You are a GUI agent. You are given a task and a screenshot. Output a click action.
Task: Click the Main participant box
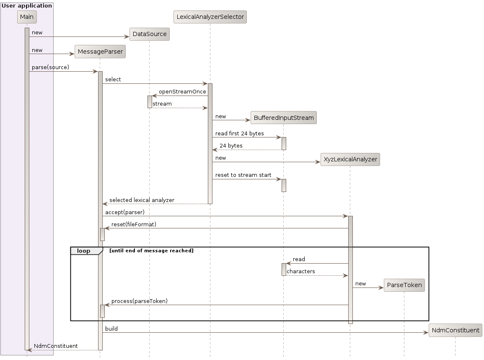click(27, 17)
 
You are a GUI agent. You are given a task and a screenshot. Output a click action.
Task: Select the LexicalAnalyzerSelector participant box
click(210, 17)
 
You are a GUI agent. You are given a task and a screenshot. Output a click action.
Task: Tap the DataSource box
click(150, 34)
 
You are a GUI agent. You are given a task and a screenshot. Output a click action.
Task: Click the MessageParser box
click(100, 52)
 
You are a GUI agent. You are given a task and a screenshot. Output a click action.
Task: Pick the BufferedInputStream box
click(283, 118)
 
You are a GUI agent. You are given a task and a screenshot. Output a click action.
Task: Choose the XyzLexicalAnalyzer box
click(350, 159)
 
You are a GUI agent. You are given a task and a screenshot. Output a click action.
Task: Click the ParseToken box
click(404, 285)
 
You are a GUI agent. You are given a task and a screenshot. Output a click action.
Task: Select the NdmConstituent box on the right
click(455, 330)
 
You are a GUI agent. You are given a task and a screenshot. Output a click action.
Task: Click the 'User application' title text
click(27, 5)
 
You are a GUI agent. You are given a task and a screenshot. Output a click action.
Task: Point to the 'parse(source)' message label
click(50, 67)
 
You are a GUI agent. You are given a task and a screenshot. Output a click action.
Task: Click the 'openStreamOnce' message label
click(182, 92)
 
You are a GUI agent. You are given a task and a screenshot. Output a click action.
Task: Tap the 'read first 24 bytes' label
click(239, 134)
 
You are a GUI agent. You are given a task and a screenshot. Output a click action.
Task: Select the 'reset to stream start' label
click(243, 175)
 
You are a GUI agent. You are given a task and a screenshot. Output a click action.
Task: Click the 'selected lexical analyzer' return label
click(142, 200)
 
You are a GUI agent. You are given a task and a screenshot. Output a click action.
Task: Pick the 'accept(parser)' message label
click(125, 212)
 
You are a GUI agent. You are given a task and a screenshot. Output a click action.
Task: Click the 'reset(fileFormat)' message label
click(134, 225)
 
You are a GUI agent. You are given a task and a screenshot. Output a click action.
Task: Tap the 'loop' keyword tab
click(84, 251)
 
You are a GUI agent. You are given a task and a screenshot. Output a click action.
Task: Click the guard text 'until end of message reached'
click(151, 251)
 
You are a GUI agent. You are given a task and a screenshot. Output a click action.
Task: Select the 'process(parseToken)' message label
click(139, 301)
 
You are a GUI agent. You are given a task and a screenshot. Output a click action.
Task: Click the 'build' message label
click(111, 329)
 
